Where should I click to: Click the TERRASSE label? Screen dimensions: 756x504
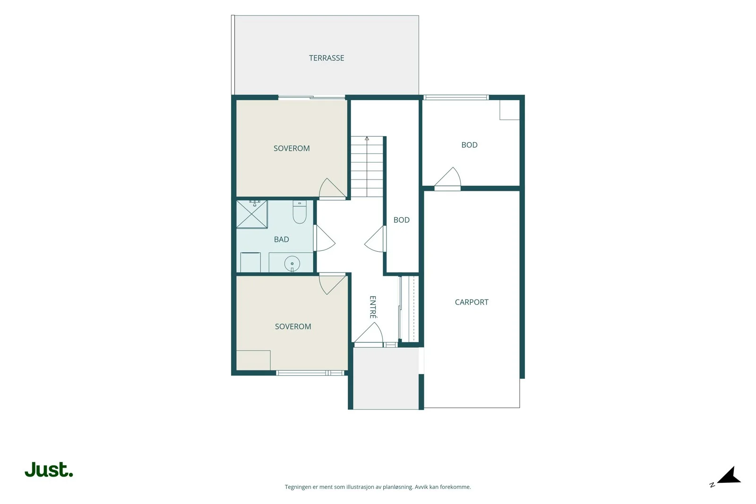pyautogui.click(x=326, y=58)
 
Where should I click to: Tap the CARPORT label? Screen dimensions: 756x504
pyautogui.click(x=472, y=302)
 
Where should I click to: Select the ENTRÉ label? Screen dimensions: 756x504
pyautogui.click(x=373, y=307)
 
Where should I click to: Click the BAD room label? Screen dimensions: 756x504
pyautogui.click(x=282, y=239)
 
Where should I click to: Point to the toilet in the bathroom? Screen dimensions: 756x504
pyautogui.click(x=300, y=212)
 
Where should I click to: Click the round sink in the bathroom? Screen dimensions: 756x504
pyautogui.click(x=292, y=264)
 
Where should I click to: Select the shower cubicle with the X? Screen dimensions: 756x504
pyautogui.click(x=252, y=214)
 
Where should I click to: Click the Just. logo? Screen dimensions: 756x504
pyautogui.click(x=49, y=469)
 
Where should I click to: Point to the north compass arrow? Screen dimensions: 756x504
pyautogui.click(x=730, y=476)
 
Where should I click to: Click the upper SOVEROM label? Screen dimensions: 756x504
pyautogui.click(x=292, y=148)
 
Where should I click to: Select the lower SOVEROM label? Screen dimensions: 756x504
pyautogui.click(x=293, y=326)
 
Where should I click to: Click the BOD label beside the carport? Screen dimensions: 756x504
pyautogui.click(x=469, y=145)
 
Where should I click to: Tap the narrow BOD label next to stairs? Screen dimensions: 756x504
pyautogui.click(x=401, y=220)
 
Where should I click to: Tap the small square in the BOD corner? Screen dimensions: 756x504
pyautogui.click(x=510, y=110)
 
